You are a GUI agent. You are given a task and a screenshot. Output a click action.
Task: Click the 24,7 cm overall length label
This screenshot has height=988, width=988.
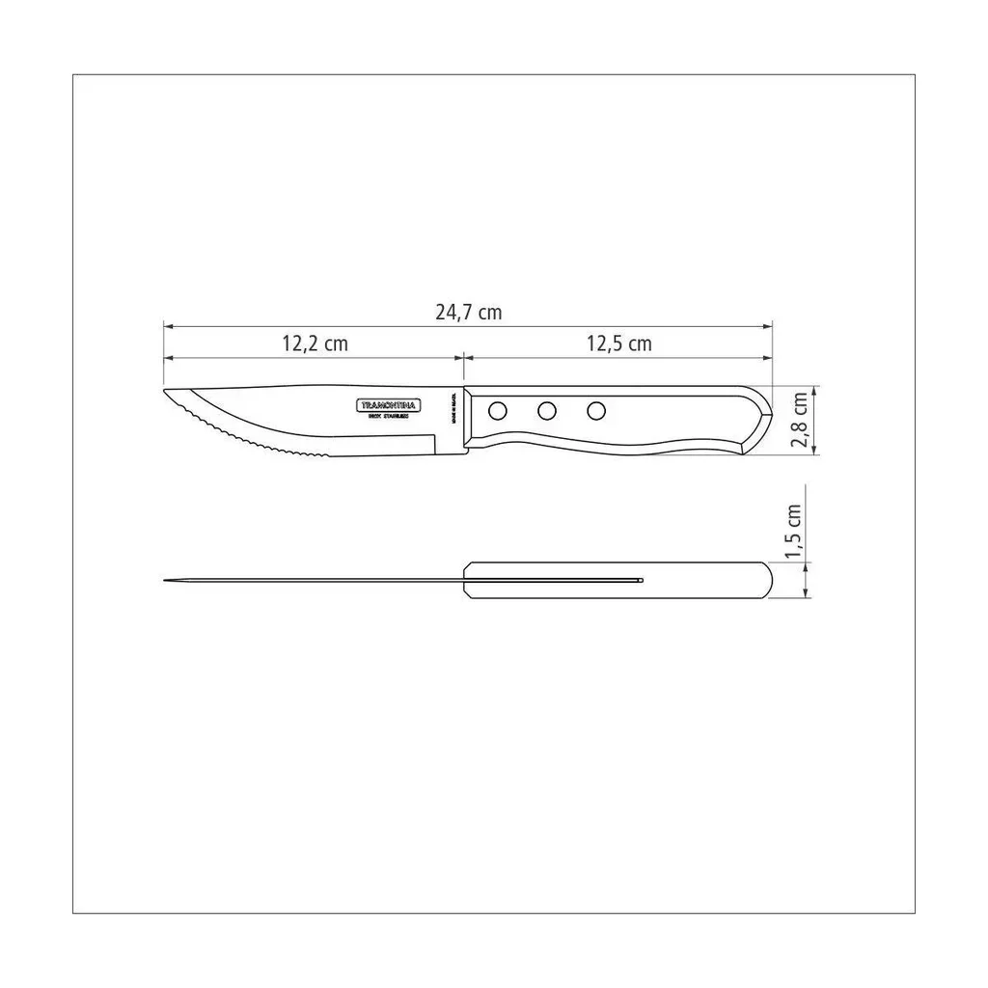pos(469,313)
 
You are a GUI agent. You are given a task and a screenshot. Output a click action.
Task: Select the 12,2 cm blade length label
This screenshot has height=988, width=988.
pos(315,343)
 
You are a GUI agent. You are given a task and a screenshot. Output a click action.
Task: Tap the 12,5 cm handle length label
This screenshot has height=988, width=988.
pos(618,343)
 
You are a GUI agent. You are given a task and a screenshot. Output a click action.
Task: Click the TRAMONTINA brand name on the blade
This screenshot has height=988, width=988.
pos(389,405)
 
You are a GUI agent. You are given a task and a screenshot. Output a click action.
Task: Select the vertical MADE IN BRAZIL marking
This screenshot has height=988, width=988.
pos(453,408)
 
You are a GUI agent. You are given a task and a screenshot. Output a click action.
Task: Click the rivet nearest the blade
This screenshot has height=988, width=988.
pos(497,411)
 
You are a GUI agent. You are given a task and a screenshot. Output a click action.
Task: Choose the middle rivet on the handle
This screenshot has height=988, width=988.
pos(547,411)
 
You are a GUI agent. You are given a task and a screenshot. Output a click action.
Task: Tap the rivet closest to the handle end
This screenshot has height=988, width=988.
pos(596,411)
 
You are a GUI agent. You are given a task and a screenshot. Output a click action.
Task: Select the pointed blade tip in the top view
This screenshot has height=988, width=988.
pos(166,580)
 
